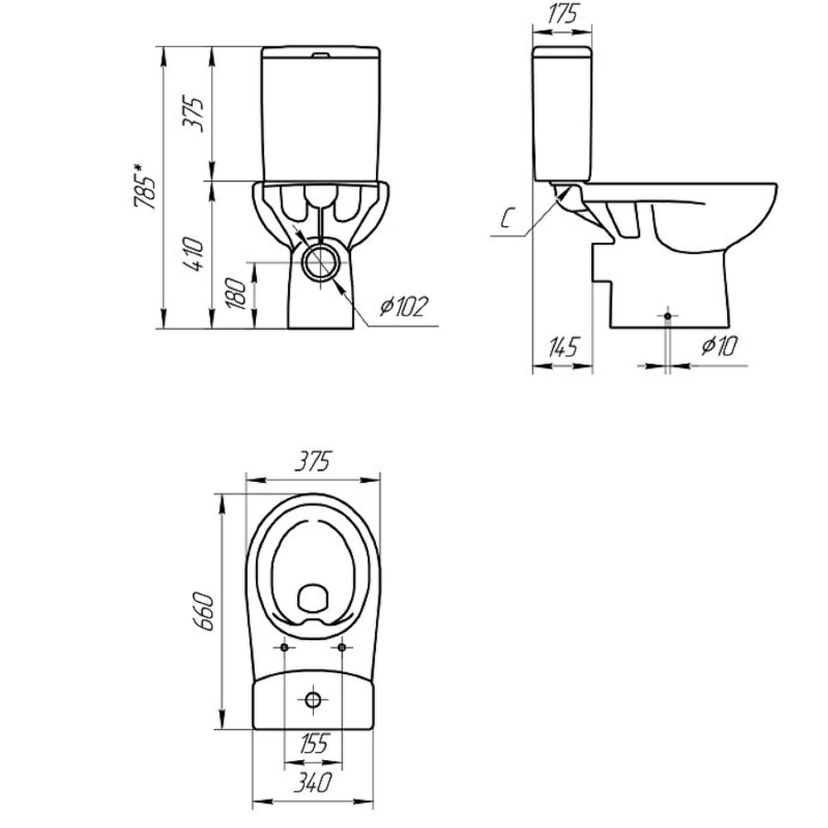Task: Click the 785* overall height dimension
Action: [145, 186]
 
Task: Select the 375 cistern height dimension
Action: [193, 113]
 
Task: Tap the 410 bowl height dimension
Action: [193, 254]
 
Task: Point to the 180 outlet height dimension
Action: [236, 294]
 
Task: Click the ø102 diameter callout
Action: [403, 306]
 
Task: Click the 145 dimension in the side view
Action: [563, 347]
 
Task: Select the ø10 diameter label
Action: [719, 346]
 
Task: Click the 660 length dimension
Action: [204, 612]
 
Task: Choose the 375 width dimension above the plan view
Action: [313, 461]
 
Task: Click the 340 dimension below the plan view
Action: [313, 782]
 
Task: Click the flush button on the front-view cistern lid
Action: [320, 55]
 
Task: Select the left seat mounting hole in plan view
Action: [284, 647]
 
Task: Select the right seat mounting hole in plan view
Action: [342, 647]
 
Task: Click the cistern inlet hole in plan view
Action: [313, 700]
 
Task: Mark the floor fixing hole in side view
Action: [668, 315]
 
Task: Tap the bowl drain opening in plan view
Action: [313, 599]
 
